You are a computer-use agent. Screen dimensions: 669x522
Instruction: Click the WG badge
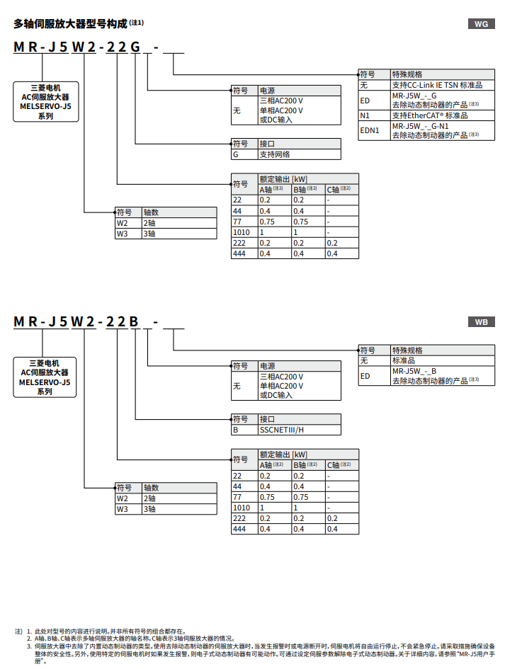481,24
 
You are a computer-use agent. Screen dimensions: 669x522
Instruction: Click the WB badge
481,322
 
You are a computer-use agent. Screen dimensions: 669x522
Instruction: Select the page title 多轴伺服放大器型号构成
70,23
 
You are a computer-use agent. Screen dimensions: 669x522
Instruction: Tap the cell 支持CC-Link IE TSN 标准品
437,85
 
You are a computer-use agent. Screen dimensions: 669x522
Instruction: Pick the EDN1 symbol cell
370,130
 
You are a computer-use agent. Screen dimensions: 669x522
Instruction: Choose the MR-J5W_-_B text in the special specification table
414,370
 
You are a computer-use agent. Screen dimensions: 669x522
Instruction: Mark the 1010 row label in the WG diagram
242,232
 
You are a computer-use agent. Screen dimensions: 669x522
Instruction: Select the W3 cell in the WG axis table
123,233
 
